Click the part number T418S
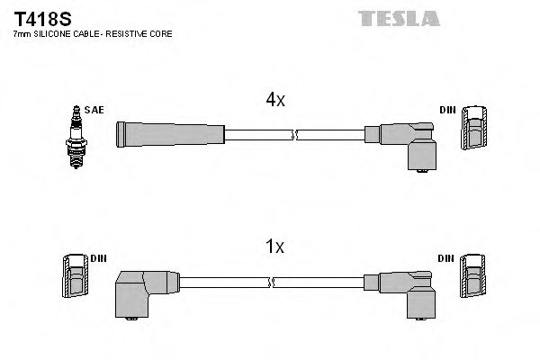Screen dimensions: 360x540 tap(33, 17)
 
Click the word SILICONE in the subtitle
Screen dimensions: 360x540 tap(50, 33)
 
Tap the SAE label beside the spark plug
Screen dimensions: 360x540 tap(95, 110)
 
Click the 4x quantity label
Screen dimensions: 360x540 tap(274, 101)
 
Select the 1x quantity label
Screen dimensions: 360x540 tap(274, 246)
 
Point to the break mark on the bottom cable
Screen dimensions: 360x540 tap(273, 282)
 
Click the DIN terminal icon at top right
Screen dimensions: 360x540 tap(474, 128)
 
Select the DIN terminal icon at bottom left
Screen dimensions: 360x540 tap(75, 275)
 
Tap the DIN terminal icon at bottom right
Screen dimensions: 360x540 tap(474, 274)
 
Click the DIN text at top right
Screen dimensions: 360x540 tap(447, 110)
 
